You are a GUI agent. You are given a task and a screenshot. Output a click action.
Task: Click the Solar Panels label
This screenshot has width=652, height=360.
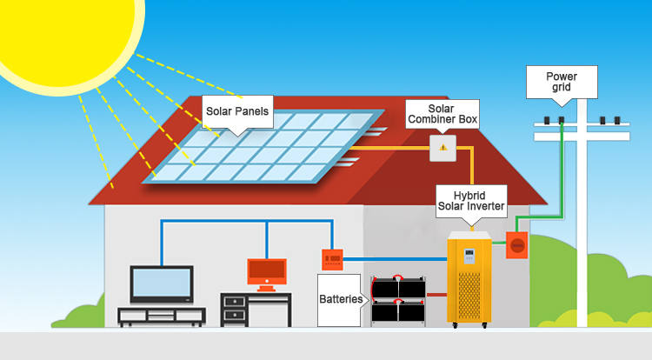236,111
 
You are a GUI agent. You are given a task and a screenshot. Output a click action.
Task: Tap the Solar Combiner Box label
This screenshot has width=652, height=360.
442,113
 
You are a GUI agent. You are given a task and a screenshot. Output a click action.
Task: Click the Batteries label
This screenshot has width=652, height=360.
340,299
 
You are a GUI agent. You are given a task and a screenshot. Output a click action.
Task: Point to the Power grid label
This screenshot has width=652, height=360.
562,83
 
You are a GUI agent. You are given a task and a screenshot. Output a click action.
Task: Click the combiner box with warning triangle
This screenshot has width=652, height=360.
442,148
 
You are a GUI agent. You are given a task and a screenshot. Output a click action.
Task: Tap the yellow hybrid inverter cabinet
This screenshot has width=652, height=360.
469,278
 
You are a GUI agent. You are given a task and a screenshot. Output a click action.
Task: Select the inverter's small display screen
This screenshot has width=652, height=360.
469,257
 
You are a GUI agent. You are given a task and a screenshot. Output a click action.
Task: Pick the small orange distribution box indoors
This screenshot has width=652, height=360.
332,257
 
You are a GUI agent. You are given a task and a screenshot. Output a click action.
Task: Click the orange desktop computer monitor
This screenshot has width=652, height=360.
266,272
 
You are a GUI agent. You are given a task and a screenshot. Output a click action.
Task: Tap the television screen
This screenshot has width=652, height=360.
161,283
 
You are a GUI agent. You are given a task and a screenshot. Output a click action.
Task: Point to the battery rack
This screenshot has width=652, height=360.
398,301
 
